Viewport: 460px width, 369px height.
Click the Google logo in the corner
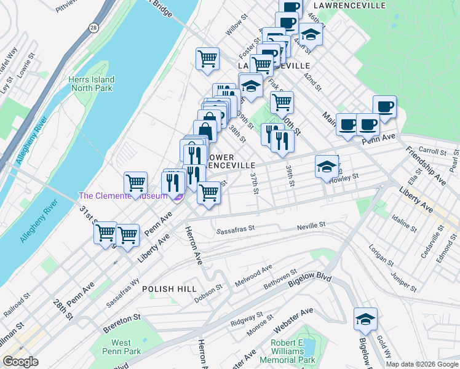(x=20, y=362)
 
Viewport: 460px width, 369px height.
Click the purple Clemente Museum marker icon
(x=177, y=196)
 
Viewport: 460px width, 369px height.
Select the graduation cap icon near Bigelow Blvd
(x=365, y=319)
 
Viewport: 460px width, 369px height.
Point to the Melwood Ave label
(x=253, y=272)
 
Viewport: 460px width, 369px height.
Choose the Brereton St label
(x=122, y=323)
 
